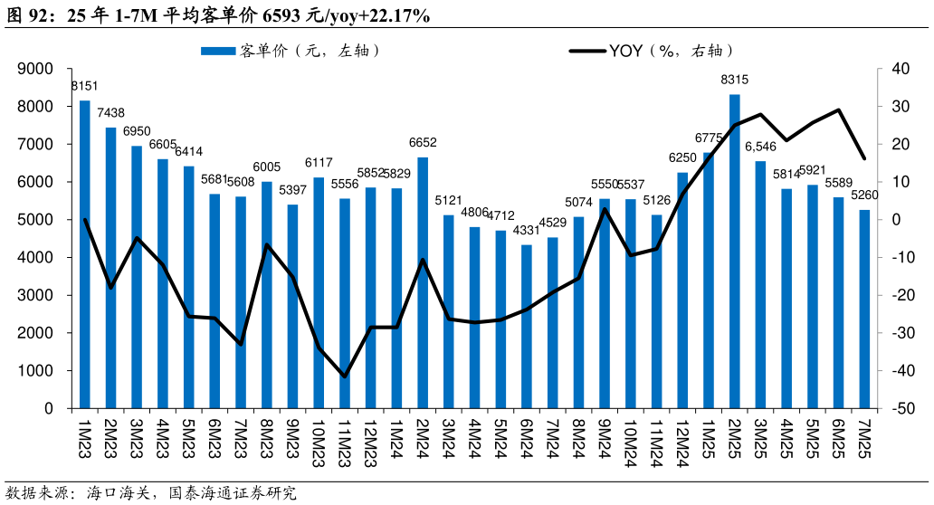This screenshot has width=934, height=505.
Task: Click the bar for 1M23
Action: [x=85, y=254]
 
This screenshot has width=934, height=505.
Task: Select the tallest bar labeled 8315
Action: [x=735, y=251]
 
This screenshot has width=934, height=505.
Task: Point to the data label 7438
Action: [x=110, y=113]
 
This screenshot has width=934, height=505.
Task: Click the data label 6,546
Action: [x=760, y=147]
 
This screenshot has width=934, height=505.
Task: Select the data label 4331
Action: [x=527, y=231]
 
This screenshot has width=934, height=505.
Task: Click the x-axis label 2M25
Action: [x=734, y=438]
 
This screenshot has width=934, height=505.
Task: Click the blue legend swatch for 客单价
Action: [x=217, y=51]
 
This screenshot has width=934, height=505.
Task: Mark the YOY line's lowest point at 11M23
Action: [x=345, y=376]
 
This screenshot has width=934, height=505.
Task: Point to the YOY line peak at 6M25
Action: [x=839, y=110]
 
